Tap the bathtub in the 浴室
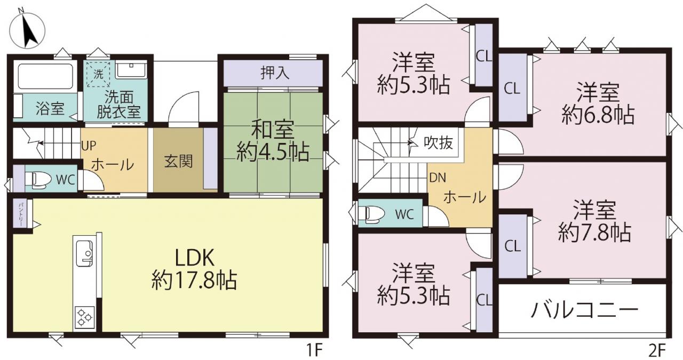pos(45,76)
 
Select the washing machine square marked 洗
pos(98,74)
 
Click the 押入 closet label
pos(275,73)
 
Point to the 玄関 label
pos(178,161)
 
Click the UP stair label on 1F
pos(89,146)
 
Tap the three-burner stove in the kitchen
pos(85,317)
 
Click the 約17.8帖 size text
pos(194,280)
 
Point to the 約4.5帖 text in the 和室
pos(273,152)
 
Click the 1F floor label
pos(314,350)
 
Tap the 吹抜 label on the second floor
pos(438,142)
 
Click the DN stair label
pos(437,178)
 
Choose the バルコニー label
pos(584,310)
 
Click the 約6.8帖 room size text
pos(598,115)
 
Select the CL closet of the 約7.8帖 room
pos(512,246)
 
